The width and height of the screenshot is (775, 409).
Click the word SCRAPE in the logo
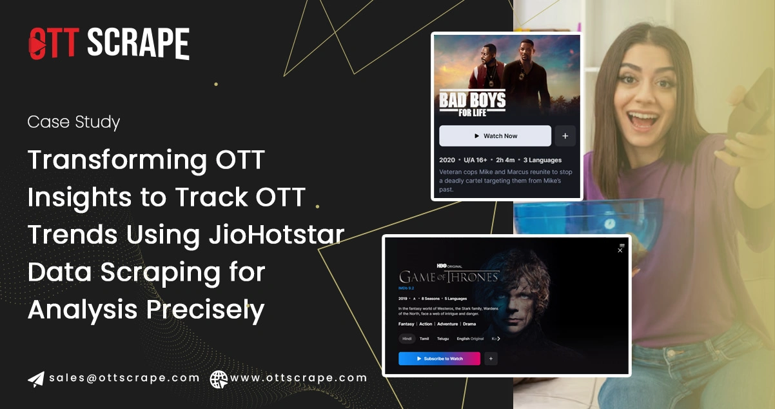(138, 45)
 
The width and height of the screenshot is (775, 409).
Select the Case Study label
(74, 122)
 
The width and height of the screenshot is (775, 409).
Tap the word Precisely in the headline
(205, 310)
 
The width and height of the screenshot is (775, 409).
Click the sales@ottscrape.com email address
(124, 378)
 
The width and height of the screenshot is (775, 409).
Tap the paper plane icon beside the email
(36, 379)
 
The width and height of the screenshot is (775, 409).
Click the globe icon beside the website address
(219, 379)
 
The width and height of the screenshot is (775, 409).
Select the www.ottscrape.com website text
(298, 378)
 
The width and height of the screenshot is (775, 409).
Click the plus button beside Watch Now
(565, 136)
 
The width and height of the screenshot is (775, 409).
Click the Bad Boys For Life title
(472, 104)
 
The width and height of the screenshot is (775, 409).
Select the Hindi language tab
(407, 338)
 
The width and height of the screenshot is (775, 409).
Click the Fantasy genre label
(406, 324)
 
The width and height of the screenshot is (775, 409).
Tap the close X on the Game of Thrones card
(620, 250)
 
